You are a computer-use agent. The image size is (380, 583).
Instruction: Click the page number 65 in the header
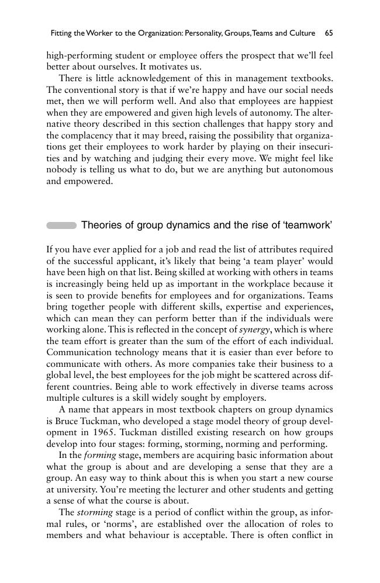coord(329,33)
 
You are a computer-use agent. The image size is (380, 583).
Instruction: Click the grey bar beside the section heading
coord(61,225)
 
